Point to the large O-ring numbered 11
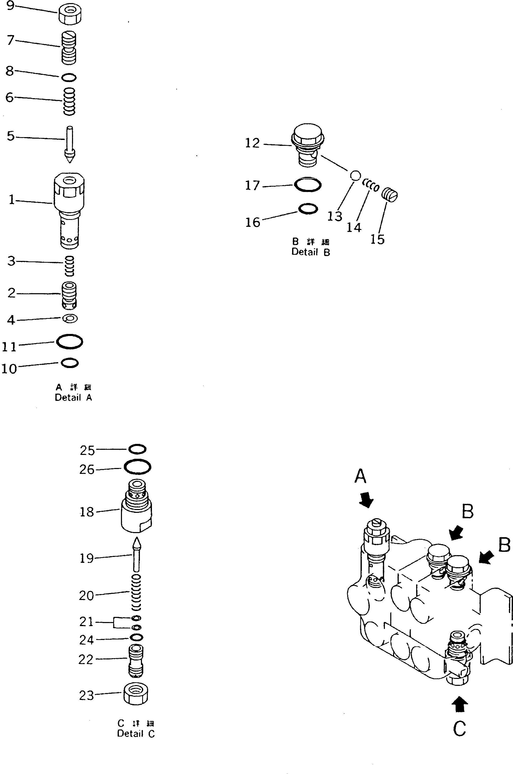point(69,342)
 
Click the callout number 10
point(9,369)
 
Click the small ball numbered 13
point(355,175)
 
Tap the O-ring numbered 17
point(307,185)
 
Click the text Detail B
point(311,252)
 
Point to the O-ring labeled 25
point(137,449)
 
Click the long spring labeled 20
point(136,593)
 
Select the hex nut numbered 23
point(136,695)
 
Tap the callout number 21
point(86,622)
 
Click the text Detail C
point(136,734)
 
